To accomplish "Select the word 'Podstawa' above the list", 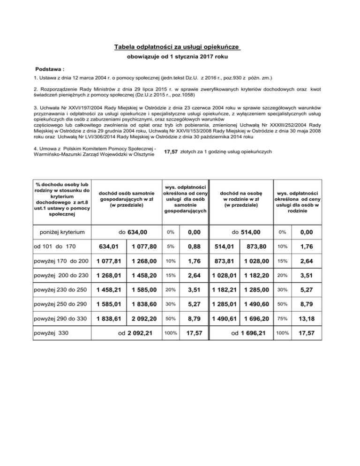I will pyautogui.click(x=50, y=68).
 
